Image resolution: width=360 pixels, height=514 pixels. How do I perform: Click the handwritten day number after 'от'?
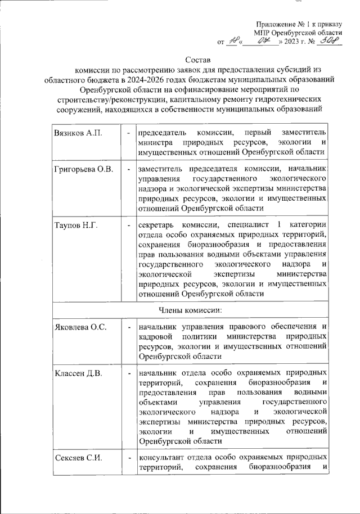pyautogui.click(x=232, y=41)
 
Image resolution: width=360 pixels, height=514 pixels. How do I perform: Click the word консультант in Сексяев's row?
pyautogui.click(x=163, y=457)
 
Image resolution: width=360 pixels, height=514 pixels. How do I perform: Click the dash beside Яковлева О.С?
pyautogui.click(x=129, y=326)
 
